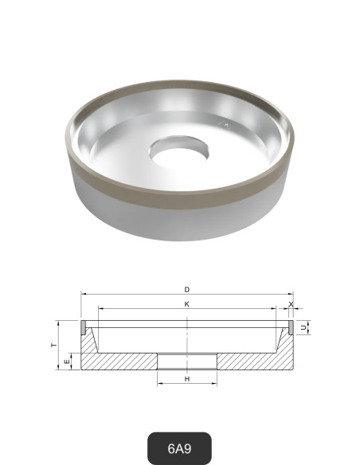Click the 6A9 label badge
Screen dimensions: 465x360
pos(179,447)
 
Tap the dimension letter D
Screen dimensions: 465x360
pos(186,289)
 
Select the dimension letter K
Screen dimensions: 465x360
pos(186,304)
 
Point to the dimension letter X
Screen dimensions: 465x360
pos(292,304)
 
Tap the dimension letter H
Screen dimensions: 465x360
pos(186,379)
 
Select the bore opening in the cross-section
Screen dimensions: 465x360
pos(186,361)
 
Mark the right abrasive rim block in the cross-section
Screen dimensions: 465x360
pos(291,326)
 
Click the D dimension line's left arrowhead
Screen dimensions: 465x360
pos(82,295)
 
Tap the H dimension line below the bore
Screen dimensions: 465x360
pos(186,385)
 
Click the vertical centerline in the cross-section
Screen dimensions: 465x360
pos(186,338)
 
